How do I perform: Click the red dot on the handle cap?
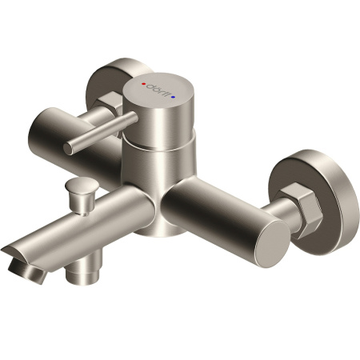(145, 82)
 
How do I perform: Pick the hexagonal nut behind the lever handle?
(112, 102)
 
